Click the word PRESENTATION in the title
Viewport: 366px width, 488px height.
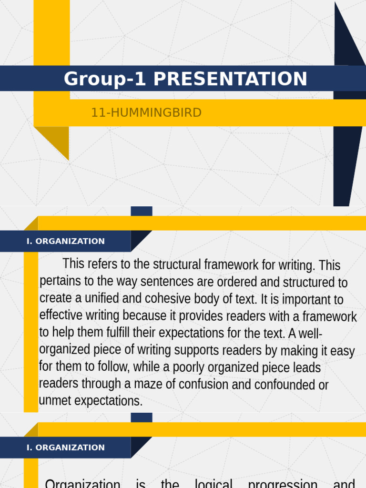click(x=230, y=79)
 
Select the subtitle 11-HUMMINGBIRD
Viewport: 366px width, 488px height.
click(x=146, y=113)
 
